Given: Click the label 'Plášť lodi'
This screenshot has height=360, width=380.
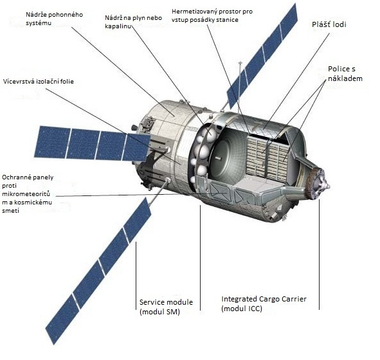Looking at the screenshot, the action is click(329, 24).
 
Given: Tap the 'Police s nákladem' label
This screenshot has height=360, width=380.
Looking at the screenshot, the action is click(345, 74).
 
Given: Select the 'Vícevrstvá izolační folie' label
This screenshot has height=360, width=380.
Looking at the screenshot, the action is click(39, 82).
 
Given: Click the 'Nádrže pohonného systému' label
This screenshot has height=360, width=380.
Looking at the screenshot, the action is click(54, 19).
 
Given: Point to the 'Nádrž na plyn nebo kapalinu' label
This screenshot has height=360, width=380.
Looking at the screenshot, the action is click(133, 22).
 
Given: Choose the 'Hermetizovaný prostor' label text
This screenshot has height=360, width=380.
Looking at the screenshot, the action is click(212, 15).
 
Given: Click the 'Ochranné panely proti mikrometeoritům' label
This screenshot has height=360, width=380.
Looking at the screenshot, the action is click(28, 194).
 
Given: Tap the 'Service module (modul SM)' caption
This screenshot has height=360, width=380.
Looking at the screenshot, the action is click(166, 307).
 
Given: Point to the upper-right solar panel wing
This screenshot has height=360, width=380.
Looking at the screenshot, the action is click(262, 55).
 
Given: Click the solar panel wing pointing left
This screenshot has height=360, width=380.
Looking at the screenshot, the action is click(92, 143).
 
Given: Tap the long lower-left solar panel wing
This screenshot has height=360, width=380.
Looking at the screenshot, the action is click(98, 270).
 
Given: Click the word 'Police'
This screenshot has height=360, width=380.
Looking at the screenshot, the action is click(339, 69).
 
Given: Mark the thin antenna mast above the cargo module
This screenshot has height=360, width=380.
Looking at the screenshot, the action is click(239, 87).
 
